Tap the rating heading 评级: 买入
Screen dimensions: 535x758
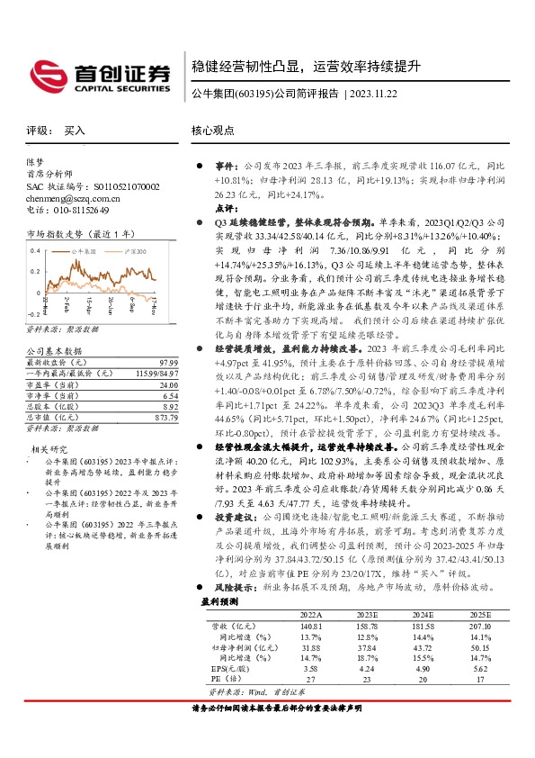54,131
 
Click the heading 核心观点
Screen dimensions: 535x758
212,131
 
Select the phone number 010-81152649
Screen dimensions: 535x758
77,209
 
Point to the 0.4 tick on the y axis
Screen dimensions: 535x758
34,249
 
